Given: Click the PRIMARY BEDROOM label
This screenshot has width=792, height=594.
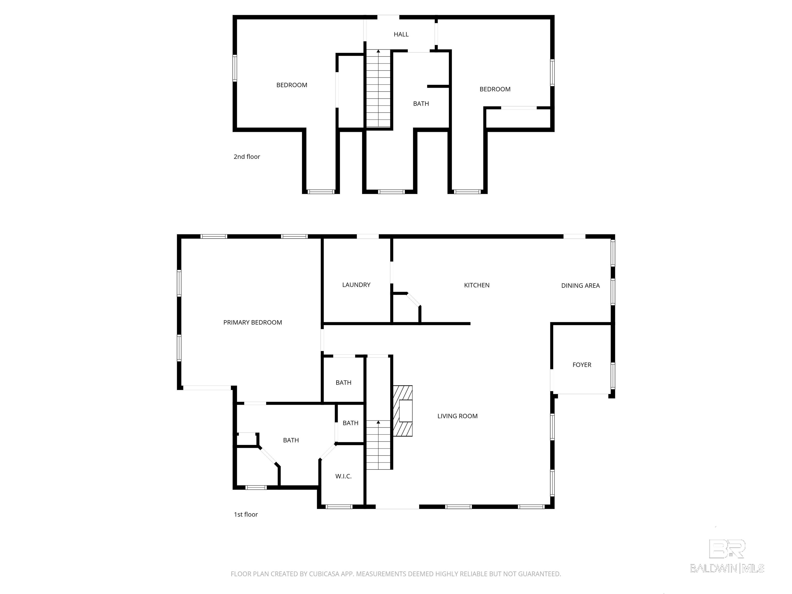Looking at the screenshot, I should (252, 323).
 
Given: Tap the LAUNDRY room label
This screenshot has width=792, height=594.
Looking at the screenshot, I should (356, 285).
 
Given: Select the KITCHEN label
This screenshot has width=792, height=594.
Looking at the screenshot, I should (476, 285).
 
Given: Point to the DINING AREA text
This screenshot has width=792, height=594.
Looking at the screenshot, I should (580, 286).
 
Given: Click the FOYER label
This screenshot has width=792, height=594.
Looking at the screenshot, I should (581, 365).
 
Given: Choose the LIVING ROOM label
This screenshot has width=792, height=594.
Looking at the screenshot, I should (457, 416).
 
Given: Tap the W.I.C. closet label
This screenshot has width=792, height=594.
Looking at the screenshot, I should (343, 476).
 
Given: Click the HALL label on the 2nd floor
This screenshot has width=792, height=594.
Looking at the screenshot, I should (401, 34).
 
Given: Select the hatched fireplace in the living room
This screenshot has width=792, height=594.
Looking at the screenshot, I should (403, 411).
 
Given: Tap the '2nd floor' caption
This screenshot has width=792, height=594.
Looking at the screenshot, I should (247, 157).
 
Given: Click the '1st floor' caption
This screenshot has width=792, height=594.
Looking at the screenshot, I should (246, 515).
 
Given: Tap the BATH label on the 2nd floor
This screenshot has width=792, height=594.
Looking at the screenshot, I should (421, 104).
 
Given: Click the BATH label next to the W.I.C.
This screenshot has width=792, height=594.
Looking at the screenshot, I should (350, 423).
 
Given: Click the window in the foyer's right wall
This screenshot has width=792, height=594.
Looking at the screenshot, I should (613, 376).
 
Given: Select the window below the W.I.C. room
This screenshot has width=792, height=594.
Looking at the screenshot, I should (339, 507).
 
